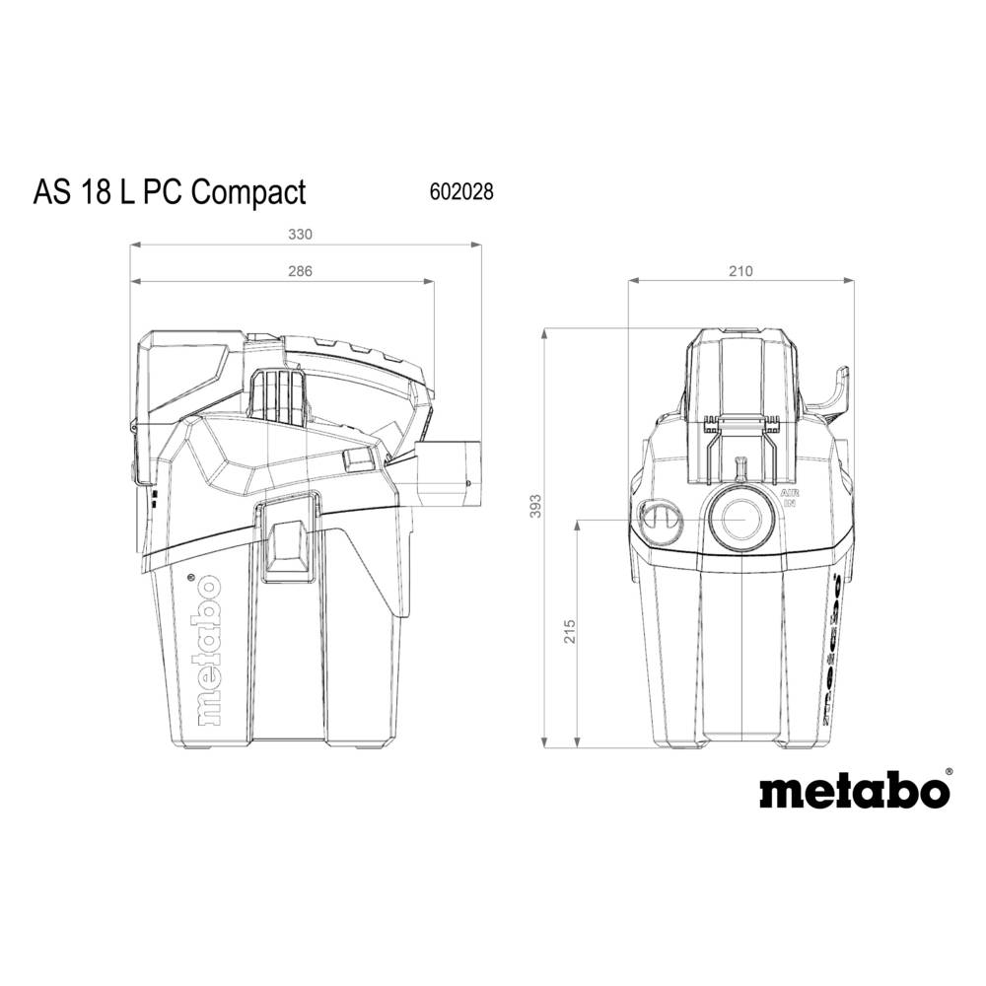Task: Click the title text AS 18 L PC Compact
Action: pos(170,191)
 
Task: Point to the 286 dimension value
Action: pos(286,272)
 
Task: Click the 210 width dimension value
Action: pos(739,272)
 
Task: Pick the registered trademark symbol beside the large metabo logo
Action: pos(949,772)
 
